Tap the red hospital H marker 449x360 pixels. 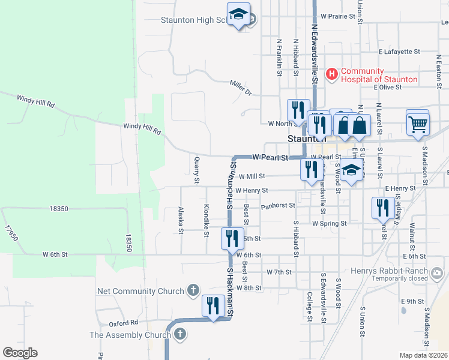point(331,74)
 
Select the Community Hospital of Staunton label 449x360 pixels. point(379,75)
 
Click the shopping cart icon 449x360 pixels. point(418,124)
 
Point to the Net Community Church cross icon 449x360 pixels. point(193,291)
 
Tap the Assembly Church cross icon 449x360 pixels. point(179,335)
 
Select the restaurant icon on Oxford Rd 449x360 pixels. point(213,307)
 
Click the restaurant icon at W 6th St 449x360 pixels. point(232,238)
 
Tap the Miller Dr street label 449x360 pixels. point(241,88)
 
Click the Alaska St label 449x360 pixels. point(181,220)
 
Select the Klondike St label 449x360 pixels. point(206,220)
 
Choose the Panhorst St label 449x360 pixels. point(278,205)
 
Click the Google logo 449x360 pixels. point(20,352)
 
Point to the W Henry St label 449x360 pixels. point(252,191)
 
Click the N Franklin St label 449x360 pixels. point(279,58)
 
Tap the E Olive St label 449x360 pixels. point(387,87)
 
